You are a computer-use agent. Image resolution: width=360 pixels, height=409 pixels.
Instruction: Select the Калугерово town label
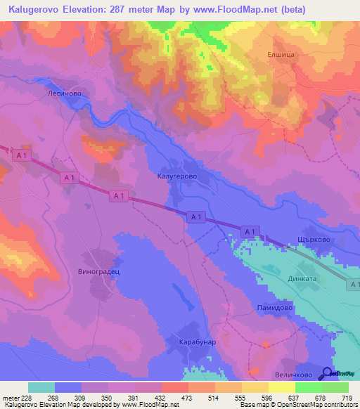[176, 178]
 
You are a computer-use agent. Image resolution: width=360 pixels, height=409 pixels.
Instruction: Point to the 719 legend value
[348, 398]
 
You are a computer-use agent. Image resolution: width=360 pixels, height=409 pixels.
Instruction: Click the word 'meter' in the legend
[11, 398]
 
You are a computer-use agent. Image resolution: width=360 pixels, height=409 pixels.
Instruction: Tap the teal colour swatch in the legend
[41, 387]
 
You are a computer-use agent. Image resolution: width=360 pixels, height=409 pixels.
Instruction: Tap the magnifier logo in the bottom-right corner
[328, 372]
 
